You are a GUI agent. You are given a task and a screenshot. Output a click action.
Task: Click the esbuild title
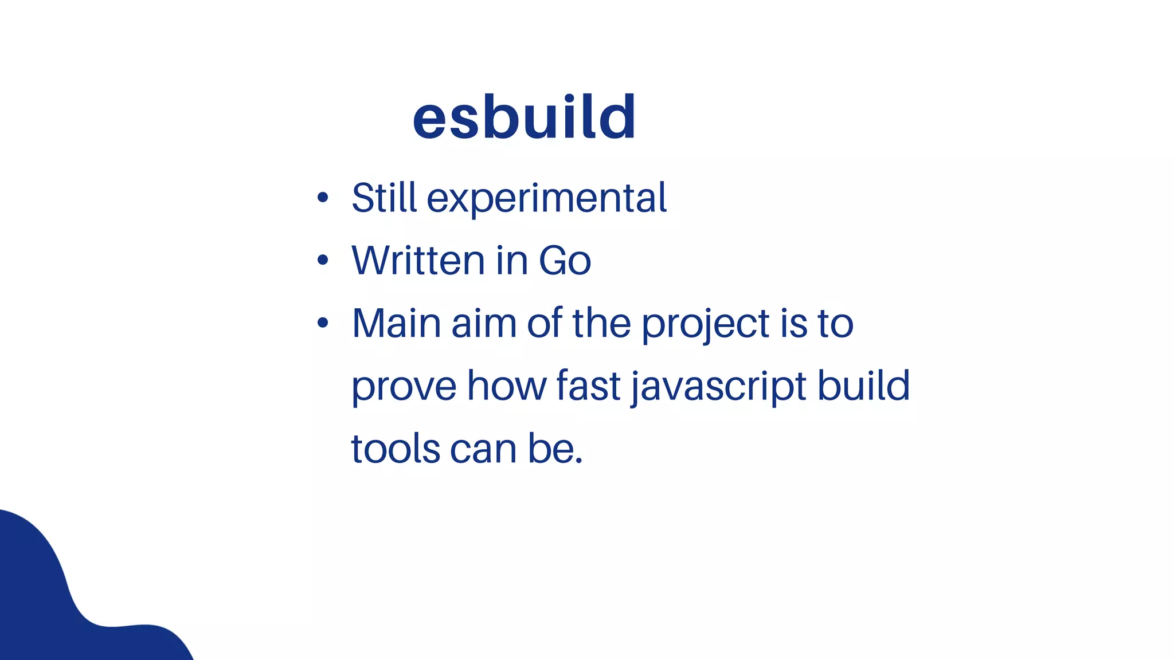click(x=524, y=117)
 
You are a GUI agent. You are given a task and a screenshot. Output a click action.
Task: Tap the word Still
click(x=384, y=198)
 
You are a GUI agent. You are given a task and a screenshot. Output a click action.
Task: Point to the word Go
click(x=565, y=261)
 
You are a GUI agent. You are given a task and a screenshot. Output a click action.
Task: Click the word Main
click(x=396, y=323)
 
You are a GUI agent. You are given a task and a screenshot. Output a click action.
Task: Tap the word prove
click(x=404, y=387)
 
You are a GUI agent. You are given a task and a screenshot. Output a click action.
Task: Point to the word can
click(x=483, y=450)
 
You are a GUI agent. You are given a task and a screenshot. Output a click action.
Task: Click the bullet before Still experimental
click(x=323, y=198)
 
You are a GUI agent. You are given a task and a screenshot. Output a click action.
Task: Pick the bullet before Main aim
click(x=323, y=323)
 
